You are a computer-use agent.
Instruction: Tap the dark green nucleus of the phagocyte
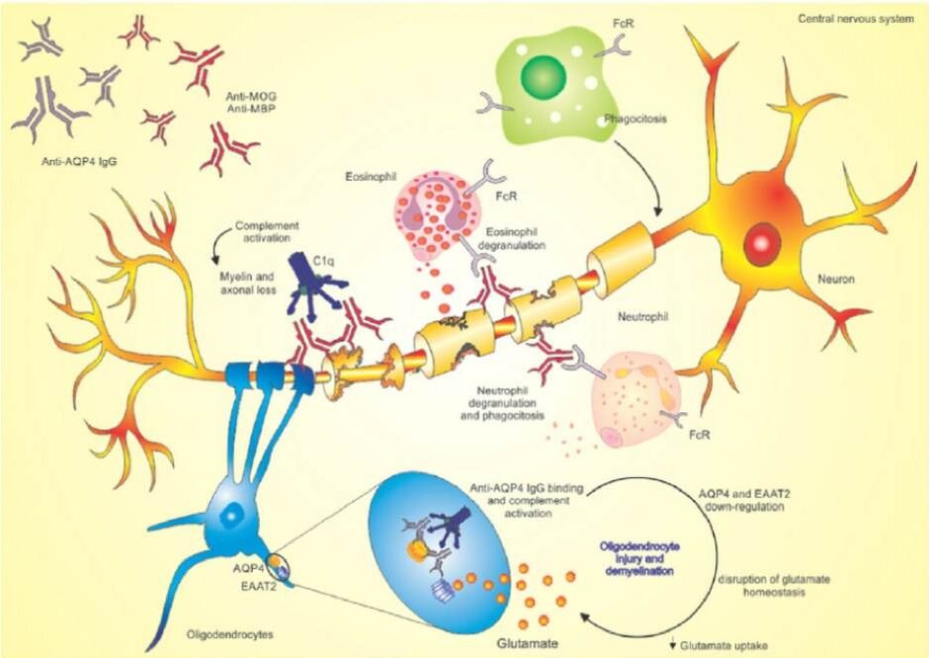(x=544, y=77)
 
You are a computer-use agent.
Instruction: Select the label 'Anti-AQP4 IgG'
(x=79, y=160)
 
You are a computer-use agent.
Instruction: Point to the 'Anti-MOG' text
(x=251, y=96)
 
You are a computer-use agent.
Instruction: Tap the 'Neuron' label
(x=836, y=279)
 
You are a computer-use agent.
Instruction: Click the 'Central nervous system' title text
(x=856, y=19)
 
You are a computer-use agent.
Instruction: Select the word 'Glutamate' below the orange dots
(x=528, y=643)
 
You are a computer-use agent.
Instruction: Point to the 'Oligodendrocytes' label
(x=230, y=634)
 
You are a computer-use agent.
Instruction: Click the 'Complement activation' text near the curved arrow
(x=267, y=231)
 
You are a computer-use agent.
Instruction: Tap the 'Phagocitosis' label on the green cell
(x=635, y=119)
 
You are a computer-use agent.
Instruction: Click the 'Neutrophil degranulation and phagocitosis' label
(x=502, y=403)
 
